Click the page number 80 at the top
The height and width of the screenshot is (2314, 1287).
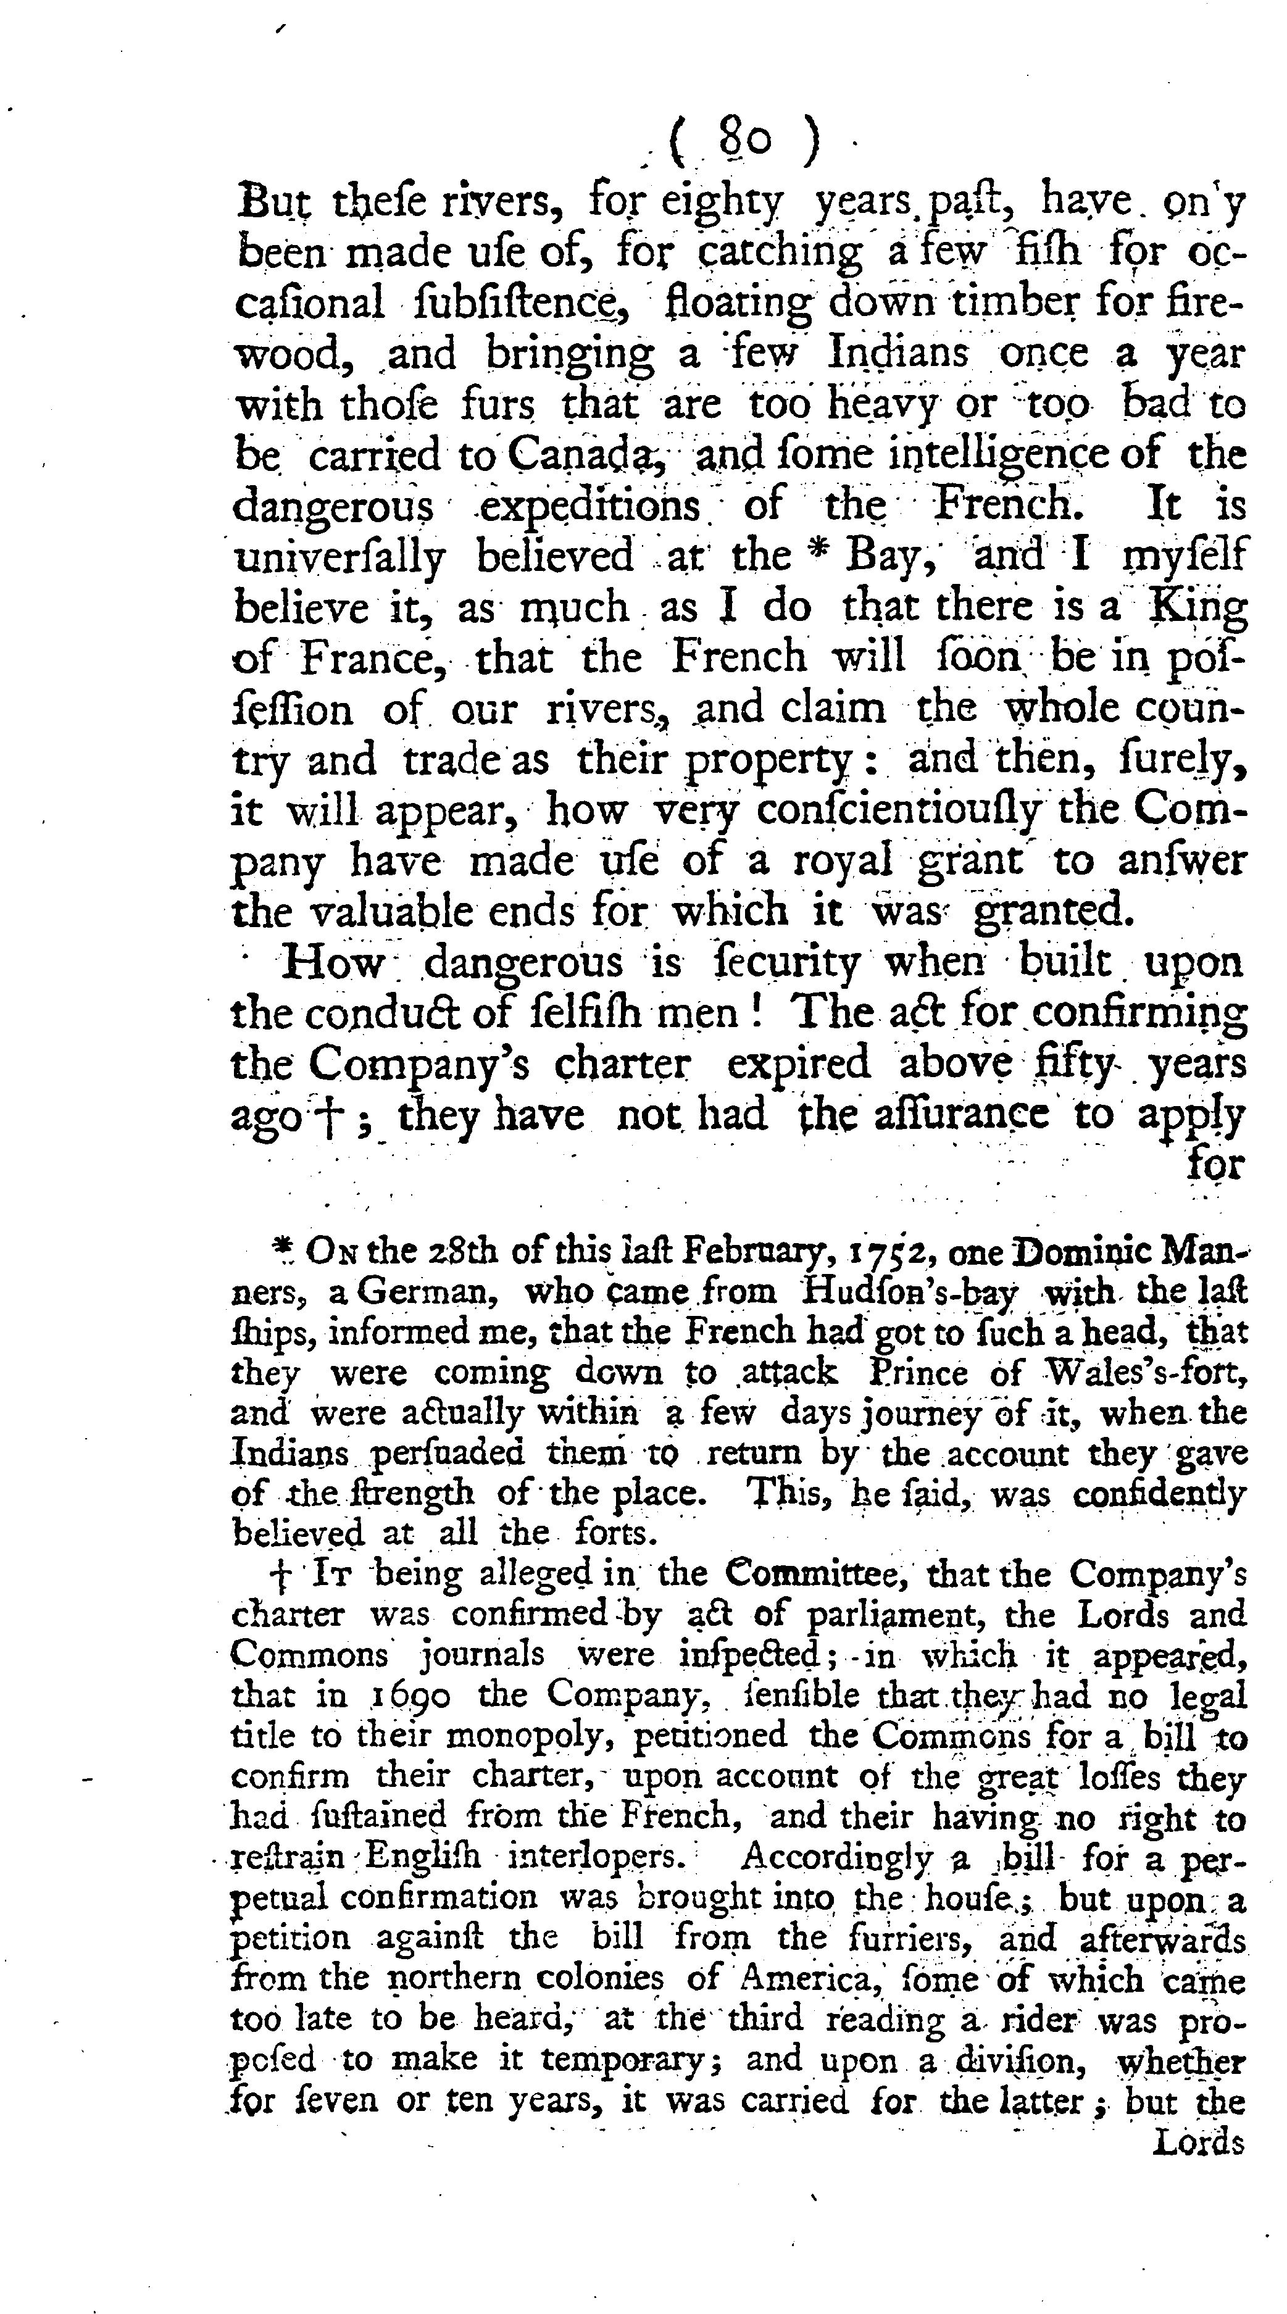[744, 141]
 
